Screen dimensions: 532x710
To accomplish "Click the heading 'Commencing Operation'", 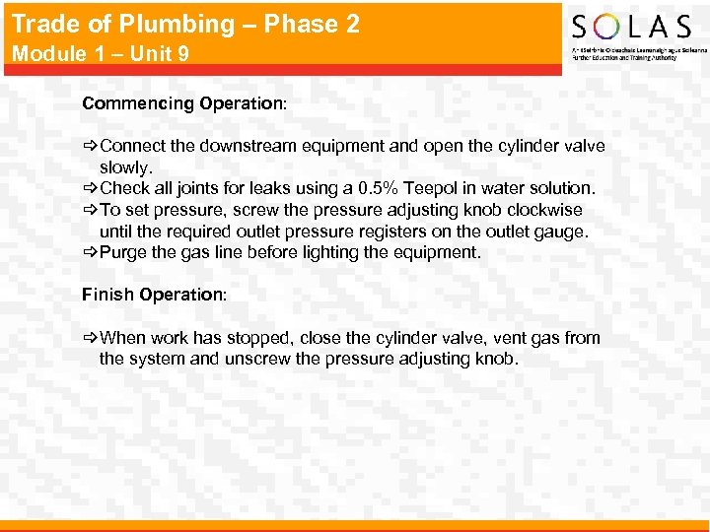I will coord(182,103).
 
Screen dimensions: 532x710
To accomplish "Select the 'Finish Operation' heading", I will coord(153,295).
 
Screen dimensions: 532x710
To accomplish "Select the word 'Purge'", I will coord(123,252).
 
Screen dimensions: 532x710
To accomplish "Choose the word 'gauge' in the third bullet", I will coord(562,232).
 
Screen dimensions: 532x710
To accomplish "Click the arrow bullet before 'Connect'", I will coord(90,146).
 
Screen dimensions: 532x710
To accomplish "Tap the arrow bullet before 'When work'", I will coord(90,338).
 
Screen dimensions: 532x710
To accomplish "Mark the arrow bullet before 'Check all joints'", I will coord(90,188).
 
